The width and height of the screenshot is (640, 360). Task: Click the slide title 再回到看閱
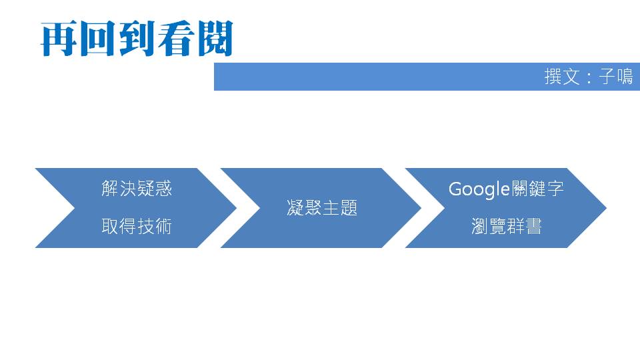tap(137, 39)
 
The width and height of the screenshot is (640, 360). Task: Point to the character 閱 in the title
tap(214, 39)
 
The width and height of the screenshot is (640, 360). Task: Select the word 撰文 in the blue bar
tap(561, 77)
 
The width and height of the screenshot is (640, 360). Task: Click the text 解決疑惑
tap(137, 189)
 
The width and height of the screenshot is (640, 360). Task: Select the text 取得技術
tap(137, 227)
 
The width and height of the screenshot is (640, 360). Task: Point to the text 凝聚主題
tap(322, 208)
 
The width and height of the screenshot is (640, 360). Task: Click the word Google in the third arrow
tap(479, 189)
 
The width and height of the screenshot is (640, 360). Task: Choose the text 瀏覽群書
tap(506, 227)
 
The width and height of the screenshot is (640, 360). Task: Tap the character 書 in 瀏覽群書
tap(533, 227)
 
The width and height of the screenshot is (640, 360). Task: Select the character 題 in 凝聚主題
tap(349, 208)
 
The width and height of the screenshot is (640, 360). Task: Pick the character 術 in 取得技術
tap(163, 227)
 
